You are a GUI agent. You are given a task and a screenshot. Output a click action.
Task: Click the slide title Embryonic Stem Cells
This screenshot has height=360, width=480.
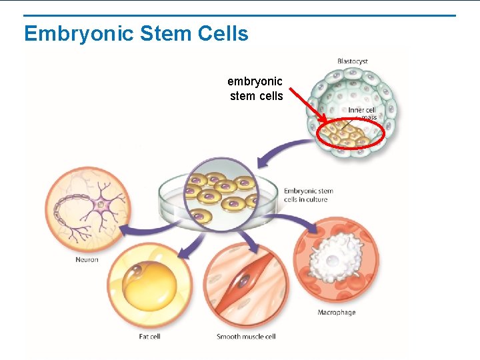click(x=136, y=33)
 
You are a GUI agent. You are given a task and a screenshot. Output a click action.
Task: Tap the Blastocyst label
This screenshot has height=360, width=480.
click(x=352, y=61)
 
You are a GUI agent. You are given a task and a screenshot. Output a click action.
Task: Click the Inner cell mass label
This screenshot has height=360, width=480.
click(x=363, y=113)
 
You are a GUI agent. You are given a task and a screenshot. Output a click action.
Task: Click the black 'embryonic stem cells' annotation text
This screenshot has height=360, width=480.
click(x=255, y=89)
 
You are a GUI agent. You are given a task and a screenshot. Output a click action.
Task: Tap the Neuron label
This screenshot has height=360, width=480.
click(x=87, y=259)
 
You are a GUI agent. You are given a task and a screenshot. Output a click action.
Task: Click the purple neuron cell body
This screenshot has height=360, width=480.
click(x=102, y=203)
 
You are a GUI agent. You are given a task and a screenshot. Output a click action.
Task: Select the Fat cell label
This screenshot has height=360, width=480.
click(x=149, y=337)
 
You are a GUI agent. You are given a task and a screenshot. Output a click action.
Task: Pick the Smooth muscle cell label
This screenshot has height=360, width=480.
click(x=246, y=337)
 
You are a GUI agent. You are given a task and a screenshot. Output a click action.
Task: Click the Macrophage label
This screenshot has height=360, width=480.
click(x=336, y=312)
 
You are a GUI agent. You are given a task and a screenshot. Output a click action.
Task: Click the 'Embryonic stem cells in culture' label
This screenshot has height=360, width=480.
click(x=308, y=195)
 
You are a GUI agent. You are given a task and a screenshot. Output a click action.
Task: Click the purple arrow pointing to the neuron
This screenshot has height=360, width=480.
click(x=143, y=230)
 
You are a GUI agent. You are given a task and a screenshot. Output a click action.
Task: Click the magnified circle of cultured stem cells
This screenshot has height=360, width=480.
click(x=220, y=191)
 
